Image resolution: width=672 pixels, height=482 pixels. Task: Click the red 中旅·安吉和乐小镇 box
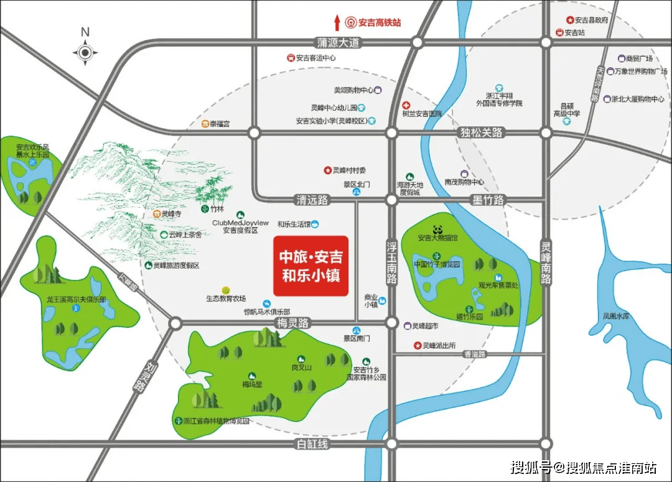[311, 266]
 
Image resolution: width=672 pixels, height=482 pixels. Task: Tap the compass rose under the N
[85, 53]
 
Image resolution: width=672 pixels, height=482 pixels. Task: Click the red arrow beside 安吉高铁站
[337, 23]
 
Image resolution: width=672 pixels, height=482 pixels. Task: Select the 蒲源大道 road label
[338, 43]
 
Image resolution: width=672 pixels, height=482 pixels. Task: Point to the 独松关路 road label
[481, 132]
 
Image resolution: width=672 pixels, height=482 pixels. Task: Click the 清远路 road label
[312, 200]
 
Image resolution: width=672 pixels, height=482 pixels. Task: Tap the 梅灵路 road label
[293, 323]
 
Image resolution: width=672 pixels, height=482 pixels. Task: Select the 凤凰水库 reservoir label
[617, 317]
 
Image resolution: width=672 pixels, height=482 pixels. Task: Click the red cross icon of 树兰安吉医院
[406, 105]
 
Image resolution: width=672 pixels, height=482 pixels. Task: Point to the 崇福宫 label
[218, 124]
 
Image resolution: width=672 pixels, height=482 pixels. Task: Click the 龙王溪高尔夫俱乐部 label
[77, 300]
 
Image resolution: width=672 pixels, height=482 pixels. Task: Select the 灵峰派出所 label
[439, 345]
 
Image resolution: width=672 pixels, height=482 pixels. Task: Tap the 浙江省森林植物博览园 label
[216, 421]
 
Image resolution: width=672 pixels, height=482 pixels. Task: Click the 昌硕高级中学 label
[567, 109]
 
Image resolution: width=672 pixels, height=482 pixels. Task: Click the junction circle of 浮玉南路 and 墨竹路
[391, 200]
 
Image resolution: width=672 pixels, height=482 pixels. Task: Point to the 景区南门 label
[357, 338]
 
